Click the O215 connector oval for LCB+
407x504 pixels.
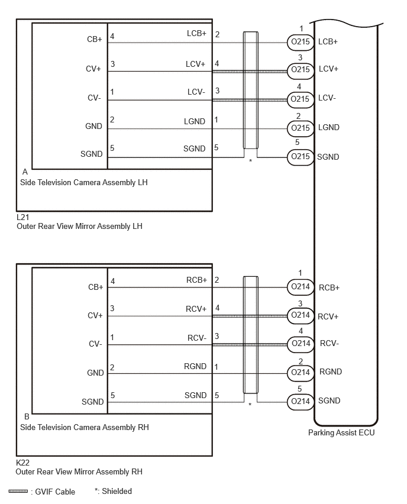[x=301, y=42]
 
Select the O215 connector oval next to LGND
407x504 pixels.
[x=301, y=128]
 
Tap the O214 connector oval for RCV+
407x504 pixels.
[x=301, y=315]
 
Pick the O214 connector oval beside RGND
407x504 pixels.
[x=301, y=373]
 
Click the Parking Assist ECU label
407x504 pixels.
[x=341, y=433]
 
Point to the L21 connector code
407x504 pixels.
[x=23, y=217]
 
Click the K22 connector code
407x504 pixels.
[x=23, y=463]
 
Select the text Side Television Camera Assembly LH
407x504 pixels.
[x=84, y=183]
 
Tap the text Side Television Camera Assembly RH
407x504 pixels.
[x=85, y=428]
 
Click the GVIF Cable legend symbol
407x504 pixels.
[x=18, y=491]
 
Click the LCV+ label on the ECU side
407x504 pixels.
[x=328, y=69]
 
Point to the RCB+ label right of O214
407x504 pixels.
[x=329, y=287]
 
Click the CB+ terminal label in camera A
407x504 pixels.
[x=95, y=39]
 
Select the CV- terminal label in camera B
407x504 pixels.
[x=95, y=344]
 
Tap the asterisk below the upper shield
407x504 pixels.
[x=251, y=160]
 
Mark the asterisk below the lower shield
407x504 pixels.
[x=250, y=405]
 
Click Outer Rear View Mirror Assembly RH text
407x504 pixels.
[x=79, y=472]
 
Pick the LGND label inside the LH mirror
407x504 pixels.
[x=195, y=121]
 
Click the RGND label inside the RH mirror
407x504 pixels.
[x=195, y=366]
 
